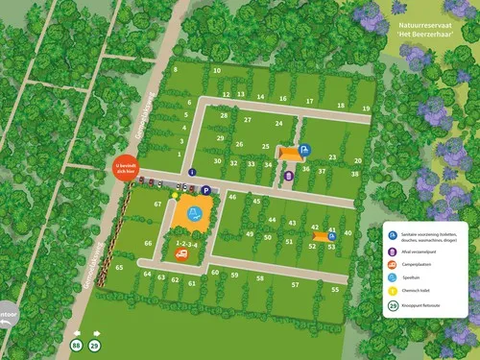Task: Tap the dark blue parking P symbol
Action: coord(206,190)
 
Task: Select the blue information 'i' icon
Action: coord(192,173)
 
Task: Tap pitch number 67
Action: coord(156,204)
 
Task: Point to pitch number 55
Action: coord(335,289)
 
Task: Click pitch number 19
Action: coord(366,108)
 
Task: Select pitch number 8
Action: coord(175,70)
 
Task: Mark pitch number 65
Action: coord(118,268)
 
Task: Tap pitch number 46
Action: coord(232,197)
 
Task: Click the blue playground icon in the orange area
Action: coord(195,213)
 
